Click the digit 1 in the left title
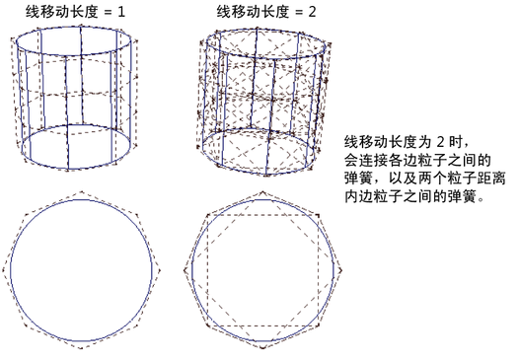[121, 12]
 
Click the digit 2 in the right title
[312, 12]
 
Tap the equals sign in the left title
[108, 13]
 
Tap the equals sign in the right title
[299, 13]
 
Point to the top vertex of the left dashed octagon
[82, 192]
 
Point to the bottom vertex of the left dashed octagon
[81, 348]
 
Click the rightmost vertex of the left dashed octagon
[160, 270]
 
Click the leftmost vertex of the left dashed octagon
[4, 270]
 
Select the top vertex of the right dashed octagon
[263, 192]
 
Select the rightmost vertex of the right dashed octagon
[341, 270]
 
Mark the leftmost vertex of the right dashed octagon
[185, 270]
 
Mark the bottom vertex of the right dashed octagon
[263, 348]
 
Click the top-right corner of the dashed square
[318, 215]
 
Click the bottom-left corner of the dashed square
[207, 325]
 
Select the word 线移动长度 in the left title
[62, 12]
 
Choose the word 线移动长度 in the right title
[253, 12]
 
